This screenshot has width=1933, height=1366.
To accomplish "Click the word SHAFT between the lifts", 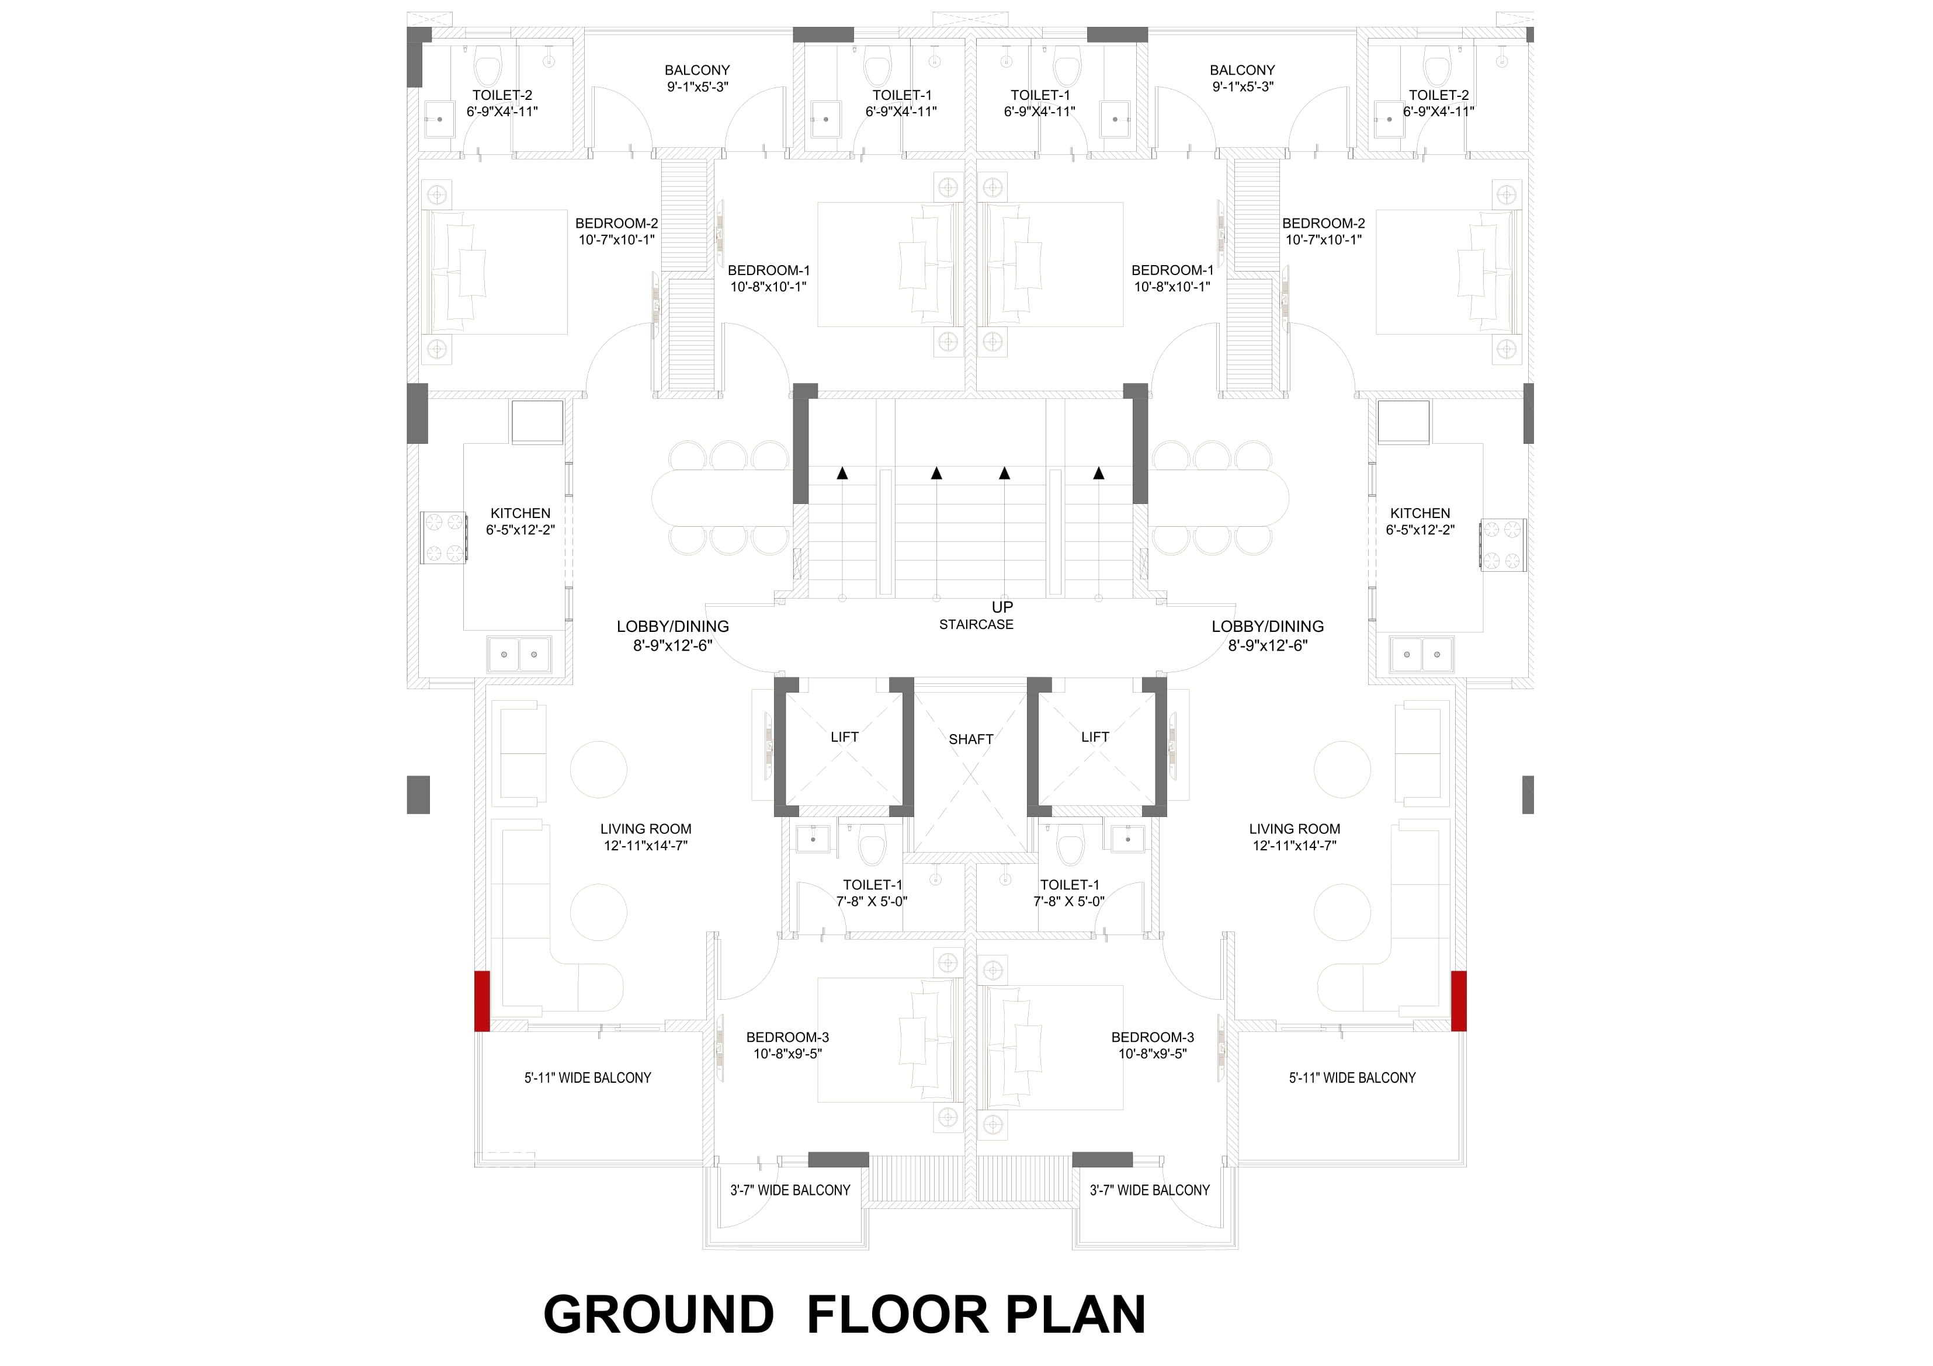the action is [x=971, y=739].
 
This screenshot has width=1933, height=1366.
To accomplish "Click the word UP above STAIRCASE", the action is [x=1002, y=607].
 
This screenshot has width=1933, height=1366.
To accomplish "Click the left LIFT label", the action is [x=845, y=737].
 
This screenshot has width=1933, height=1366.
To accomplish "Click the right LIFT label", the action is [x=1095, y=737].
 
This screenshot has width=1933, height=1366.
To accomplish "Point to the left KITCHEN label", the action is [x=520, y=513].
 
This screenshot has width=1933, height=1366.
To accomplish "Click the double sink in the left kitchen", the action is [x=519, y=654].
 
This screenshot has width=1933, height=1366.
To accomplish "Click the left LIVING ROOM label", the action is [x=646, y=829].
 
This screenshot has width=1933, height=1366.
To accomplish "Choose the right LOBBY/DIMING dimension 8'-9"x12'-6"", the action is [x=1268, y=645].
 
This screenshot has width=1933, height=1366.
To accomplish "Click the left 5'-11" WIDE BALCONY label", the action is [x=588, y=1078].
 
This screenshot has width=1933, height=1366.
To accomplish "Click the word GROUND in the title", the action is [x=658, y=1315].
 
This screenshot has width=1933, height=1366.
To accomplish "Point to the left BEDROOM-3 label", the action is [x=788, y=1038].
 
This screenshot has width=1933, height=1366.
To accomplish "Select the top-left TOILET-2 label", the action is [x=502, y=95].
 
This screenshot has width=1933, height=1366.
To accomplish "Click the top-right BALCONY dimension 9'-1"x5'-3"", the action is [x=1243, y=86].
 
